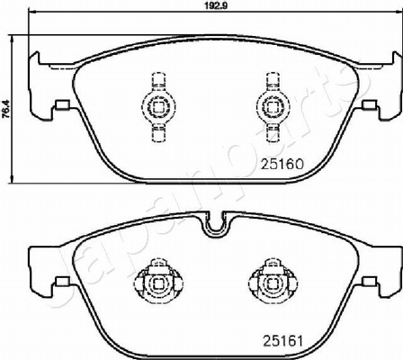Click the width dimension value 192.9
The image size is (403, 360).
[x=215, y=5]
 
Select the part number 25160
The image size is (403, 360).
[x=282, y=164]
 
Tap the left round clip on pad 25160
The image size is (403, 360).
[x=158, y=105]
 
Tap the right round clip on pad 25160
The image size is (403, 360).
[x=273, y=105]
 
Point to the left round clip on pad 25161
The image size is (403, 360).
[x=158, y=283]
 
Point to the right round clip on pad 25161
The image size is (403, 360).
[x=273, y=283]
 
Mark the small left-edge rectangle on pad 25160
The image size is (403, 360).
[x=63, y=105]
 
